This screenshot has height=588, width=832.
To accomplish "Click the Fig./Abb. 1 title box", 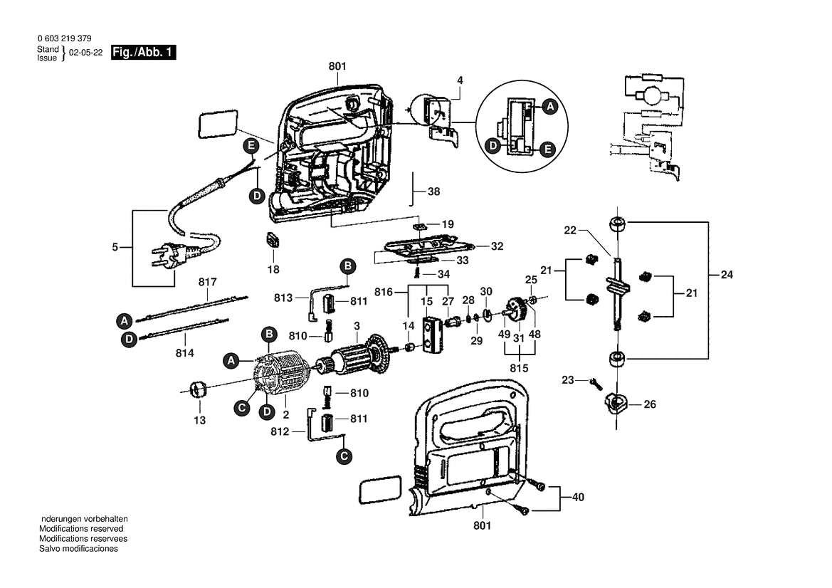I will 144,53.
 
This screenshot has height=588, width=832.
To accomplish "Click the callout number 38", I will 433,191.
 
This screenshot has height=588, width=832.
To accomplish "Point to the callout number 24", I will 727,273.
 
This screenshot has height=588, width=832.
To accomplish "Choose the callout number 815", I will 519,369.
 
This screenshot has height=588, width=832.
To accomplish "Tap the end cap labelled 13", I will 198,389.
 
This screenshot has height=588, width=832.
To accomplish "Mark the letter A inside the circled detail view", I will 549,107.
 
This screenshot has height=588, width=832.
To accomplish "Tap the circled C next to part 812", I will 343,456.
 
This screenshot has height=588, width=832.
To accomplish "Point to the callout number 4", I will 460,80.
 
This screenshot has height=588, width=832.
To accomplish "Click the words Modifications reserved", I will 81,529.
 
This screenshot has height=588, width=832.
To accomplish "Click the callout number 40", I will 577,498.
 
